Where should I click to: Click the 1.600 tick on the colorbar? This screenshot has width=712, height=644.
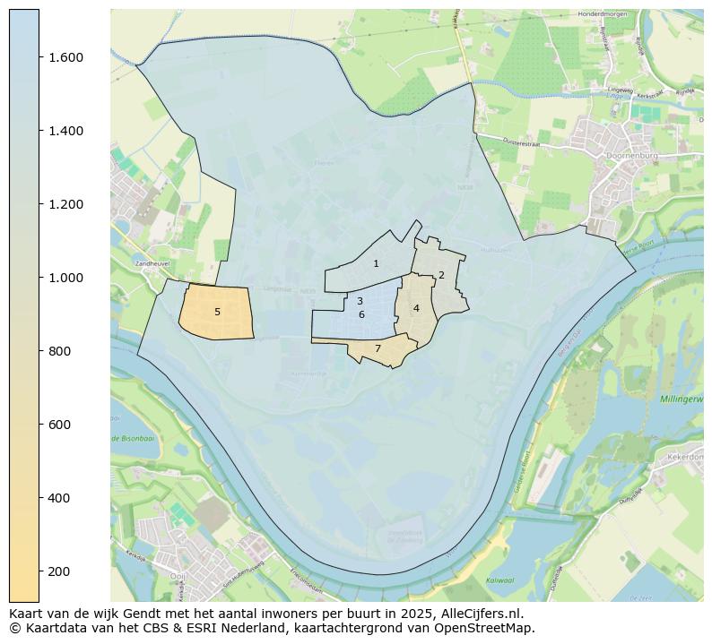(65, 57)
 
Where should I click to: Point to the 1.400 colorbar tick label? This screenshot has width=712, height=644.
(65, 131)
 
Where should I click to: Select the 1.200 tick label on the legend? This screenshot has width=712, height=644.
(65, 204)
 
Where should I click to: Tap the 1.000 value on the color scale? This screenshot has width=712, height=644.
(65, 278)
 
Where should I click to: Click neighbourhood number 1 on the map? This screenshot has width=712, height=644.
(376, 263)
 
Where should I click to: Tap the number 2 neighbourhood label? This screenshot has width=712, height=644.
(441, 275)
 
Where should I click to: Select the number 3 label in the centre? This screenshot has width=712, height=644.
(360, 302)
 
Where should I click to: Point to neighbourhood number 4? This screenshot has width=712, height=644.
(416, 308)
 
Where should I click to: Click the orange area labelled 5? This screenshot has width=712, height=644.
(217, 312)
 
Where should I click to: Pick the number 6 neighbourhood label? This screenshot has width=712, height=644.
(361, 314)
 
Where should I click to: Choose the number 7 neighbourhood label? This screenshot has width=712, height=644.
(378, 348)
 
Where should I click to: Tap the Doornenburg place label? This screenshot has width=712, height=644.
(633, 155)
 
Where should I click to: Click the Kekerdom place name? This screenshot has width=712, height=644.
(688, 457)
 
